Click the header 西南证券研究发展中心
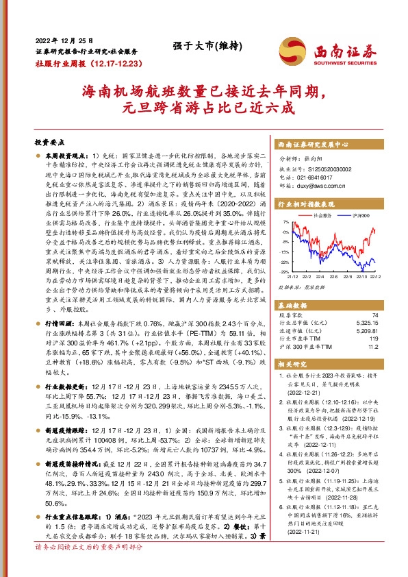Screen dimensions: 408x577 click(x=314, y=145)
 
